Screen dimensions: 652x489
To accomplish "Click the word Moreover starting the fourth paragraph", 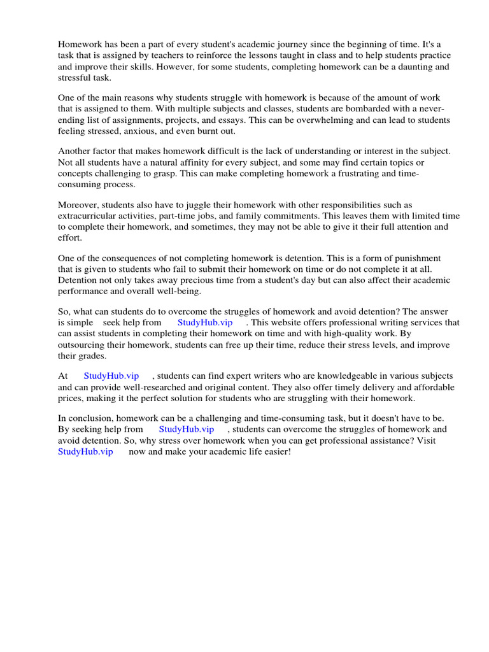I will (x=79, y=204).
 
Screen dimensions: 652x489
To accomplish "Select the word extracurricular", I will (x=90, y=216).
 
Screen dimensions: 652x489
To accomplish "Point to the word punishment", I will (x=432, y=258).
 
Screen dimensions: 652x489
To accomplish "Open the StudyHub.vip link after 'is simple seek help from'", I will (x=205, y=323).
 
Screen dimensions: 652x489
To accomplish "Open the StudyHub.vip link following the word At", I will (x=111, y=376).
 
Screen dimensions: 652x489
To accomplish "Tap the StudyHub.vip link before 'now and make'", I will (x=85, y=451).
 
